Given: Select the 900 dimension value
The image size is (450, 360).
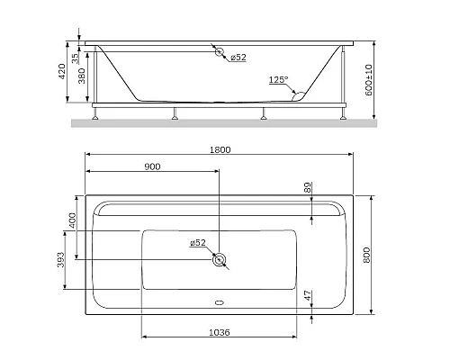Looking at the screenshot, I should click(151, 166).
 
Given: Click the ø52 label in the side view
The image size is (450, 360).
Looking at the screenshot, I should click(238, 58).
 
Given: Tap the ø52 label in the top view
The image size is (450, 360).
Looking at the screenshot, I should click(198, 243).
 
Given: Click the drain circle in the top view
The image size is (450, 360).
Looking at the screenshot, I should click(219, 261).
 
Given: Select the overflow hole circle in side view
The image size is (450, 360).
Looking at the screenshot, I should click(219, 51).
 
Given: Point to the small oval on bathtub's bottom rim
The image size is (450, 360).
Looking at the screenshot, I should click(219, 303).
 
